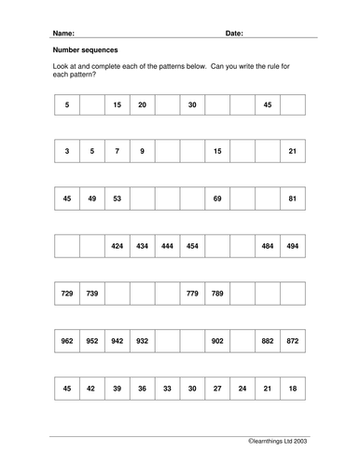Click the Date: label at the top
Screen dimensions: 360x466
[x=234, y=32]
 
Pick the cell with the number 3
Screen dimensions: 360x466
[x=67, y=151]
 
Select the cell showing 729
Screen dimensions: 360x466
[x=67, y=295]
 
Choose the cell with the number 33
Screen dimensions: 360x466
[x=168, y=391]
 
